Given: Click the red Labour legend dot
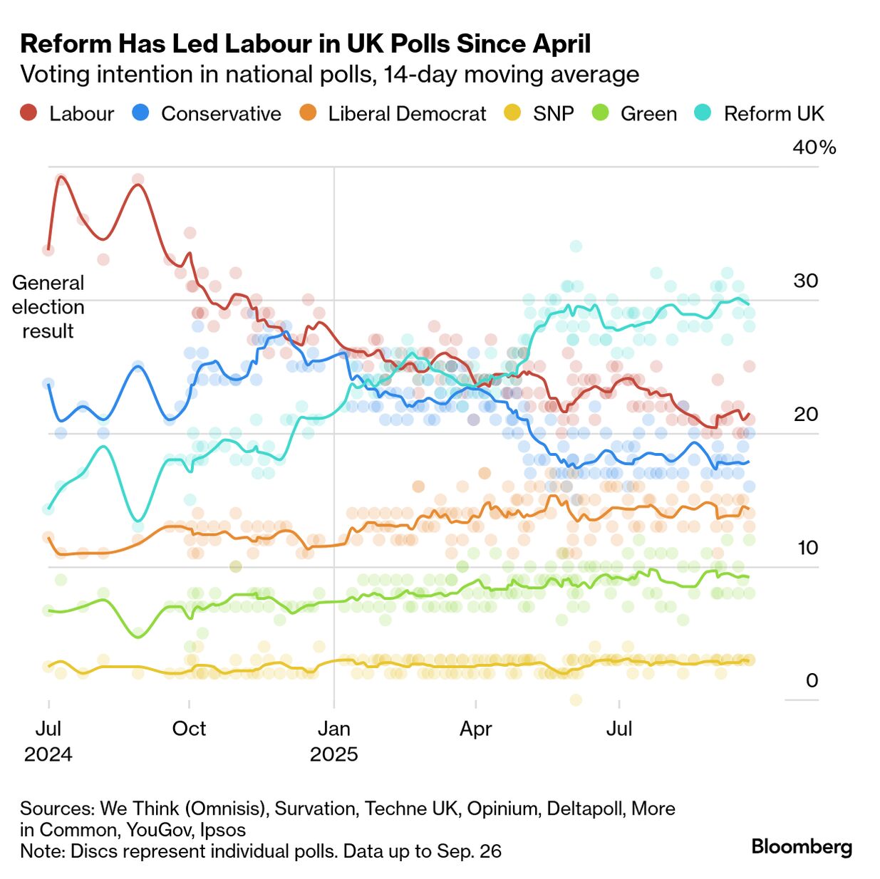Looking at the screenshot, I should coord(29,113).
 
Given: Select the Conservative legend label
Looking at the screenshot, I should coord(221,114).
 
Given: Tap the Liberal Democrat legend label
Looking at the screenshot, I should coord(407,114).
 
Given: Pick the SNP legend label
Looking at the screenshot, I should coord(553,114).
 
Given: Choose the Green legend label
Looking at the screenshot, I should coord(648,114).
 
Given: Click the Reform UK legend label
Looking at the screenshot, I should coord(774,114).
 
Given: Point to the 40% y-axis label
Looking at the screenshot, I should coord(814,147).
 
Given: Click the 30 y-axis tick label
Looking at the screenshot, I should coord(806,281).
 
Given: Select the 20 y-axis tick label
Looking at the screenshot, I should coord(806,414).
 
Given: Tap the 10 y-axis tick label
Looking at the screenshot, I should coord(807,547).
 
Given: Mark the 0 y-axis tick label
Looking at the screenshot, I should coord(812,680).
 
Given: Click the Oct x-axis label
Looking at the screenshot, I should coord(189,729).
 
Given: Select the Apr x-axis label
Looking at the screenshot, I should coord(475,729).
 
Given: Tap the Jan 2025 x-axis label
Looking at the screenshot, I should coord(333,741).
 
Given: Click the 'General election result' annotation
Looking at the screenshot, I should coord(48,307).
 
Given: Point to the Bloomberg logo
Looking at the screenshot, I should coord(802,846).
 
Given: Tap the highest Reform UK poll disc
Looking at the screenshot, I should coord(576,246).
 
